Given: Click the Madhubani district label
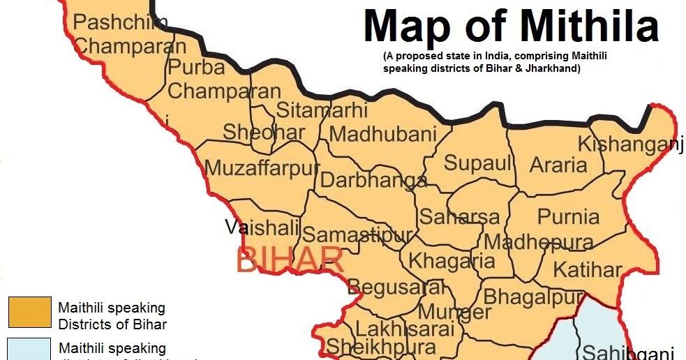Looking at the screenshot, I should coord(383,134).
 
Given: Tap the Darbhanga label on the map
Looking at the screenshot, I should coord(373,180).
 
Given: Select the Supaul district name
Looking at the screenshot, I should coord(478,164).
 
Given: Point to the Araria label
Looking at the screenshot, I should coord(558,165).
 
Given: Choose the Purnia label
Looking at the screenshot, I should coord(569,216).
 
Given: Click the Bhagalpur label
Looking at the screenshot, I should coord(534,297).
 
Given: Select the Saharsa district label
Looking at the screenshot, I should coord(459,217).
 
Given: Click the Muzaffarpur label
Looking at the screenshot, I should coord(262,169).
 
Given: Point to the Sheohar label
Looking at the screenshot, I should coord(264,132).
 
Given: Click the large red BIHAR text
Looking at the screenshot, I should coord(290,260).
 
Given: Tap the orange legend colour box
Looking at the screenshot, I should coord(30,312).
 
